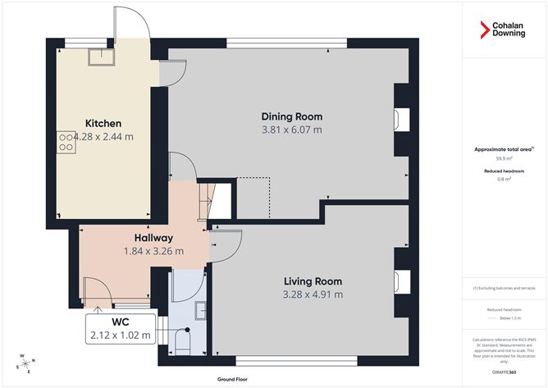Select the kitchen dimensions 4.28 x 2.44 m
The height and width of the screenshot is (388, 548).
click(103, 136)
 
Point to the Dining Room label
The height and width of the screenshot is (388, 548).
click(291, 116)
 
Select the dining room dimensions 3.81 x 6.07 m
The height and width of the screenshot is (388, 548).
click(291, 129)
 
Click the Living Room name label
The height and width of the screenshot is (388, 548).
click(313, 281)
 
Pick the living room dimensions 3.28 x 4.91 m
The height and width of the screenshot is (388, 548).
click(313, 294)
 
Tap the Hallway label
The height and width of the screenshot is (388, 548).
click(153, 238)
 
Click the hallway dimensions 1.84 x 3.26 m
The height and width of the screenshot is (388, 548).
click(153, 251)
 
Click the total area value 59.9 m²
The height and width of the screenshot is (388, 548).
click(504, 158)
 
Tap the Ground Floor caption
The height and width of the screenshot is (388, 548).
click(233, 380)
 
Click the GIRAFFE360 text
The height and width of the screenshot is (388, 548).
click(504, 372)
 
